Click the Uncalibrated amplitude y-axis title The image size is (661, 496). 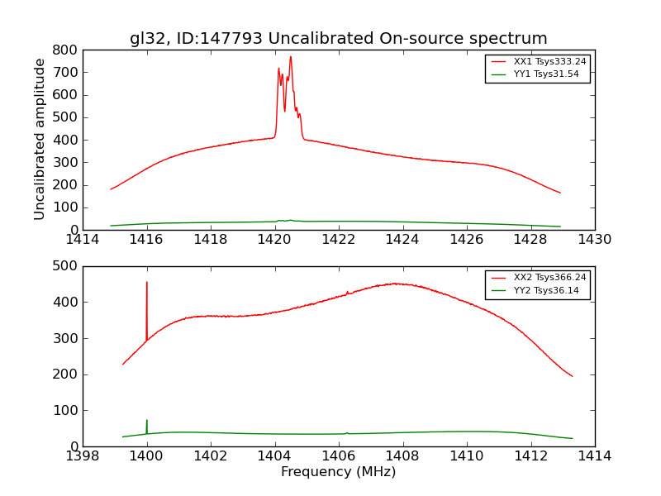click(40, 139)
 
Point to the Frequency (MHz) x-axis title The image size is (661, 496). click(338, 472)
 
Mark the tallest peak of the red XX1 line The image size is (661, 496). click(290, 56)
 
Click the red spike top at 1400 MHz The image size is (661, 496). click(147, 282)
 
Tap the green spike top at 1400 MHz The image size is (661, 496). click(147, 420)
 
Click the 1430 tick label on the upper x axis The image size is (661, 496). click(594, 240)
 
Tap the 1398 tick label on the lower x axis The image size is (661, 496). click(83, 456)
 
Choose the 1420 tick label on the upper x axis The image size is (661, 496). click(274, 240)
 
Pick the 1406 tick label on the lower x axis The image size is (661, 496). click(338, 456)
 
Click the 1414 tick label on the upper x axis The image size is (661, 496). click(83, 240)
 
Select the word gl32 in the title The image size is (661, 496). click(149, 39)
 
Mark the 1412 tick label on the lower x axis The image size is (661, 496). click(530, 456)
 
